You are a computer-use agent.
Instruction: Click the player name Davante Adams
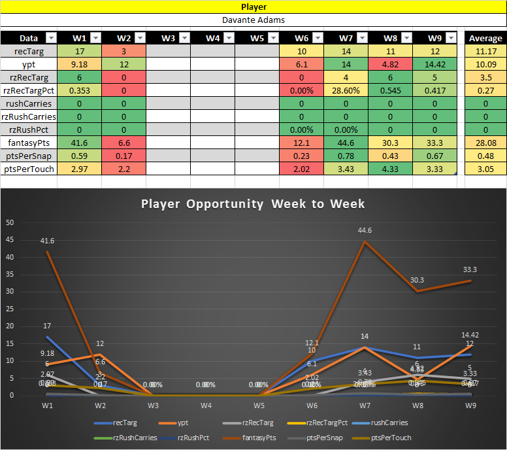click(253, 20)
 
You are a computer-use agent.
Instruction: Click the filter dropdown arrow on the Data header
click(51, 38)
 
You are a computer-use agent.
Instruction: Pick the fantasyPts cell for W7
click(346, 143)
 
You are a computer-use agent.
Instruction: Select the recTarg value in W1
click(79, 51)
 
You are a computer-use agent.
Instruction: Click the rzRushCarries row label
click(29, 116)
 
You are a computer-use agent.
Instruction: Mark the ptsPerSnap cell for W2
click(123, 156)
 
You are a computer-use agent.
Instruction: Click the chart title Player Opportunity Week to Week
click(253, 203)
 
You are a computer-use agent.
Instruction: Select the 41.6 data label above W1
click(47, 241)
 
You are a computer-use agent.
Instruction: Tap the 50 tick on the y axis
click(9, 222)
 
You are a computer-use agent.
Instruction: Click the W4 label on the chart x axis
click(206, 406)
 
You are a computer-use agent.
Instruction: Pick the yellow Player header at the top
click(253, 7)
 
